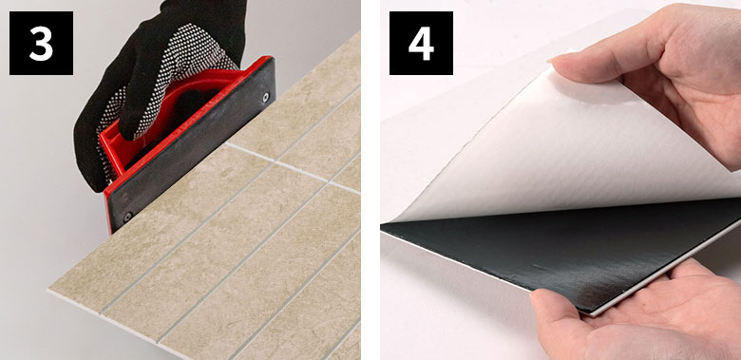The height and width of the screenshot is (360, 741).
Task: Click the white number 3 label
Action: (x=41, y=43)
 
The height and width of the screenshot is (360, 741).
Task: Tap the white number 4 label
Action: (x=421, y=43)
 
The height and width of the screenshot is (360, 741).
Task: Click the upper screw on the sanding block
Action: (x=265, y=97)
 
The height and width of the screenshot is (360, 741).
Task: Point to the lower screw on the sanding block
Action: (x=126, y=217)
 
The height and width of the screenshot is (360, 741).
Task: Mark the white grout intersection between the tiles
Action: (x=275, y=162)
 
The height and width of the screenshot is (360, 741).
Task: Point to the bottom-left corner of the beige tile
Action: (x=48, y=290)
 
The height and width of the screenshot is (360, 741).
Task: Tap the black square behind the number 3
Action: (x=41, y=43)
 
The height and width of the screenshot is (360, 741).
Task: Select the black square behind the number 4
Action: (x=421, y=43)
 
